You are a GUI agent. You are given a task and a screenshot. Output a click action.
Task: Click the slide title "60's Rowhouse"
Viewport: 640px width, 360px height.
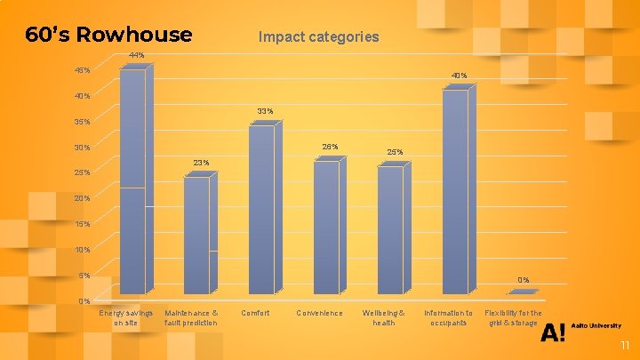tap(108, 35)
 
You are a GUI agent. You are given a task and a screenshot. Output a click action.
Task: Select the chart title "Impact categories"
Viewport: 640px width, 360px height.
tap(318, 37)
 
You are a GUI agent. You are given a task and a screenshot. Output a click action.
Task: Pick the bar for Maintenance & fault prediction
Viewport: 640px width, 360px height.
tap(196, 236)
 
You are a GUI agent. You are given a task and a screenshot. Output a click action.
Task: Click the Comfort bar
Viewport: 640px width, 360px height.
tap(261, 210)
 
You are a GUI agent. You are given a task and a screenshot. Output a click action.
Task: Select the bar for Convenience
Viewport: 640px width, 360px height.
tap(325, 228)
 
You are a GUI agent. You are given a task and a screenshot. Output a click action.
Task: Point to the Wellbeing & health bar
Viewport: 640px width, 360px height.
tap(390, 230)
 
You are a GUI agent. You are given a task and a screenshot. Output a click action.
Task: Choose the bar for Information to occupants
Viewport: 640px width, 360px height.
tap(455, 192)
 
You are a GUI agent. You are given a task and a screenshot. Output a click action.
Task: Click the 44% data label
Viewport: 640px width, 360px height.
tap(136, 56)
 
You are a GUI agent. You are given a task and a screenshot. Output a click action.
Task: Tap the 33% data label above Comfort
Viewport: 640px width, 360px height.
tap(265, 111)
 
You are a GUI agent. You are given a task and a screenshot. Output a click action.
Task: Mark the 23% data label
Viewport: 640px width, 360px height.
tap(201, 163)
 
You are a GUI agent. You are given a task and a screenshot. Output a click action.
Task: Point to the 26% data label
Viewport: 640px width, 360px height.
tap(329, 147)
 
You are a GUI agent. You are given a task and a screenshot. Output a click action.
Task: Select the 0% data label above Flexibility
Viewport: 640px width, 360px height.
tap(524, 280)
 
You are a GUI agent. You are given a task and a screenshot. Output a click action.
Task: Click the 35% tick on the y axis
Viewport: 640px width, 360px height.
tap(82, 122)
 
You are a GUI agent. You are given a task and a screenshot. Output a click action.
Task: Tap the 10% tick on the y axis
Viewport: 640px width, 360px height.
tap(82, 250)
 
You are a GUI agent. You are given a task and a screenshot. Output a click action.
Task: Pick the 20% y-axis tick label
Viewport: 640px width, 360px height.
tap(82, 198)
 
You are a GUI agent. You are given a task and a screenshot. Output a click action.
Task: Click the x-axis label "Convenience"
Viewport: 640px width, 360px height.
tap(319, 313)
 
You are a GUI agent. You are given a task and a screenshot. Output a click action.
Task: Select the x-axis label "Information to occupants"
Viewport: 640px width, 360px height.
tap(448, 317)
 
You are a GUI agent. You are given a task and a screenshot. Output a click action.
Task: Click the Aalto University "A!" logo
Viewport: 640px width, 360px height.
tap(552, 332)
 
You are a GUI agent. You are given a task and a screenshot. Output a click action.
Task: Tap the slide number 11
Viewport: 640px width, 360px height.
tap(624, 346)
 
